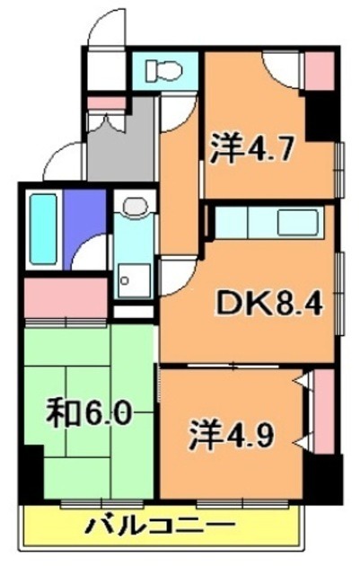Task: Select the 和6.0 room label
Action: [91, 414]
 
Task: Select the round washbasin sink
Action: [134, 208]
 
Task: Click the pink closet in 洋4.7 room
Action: [319, 70]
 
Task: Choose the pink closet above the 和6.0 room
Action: [65, 297]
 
